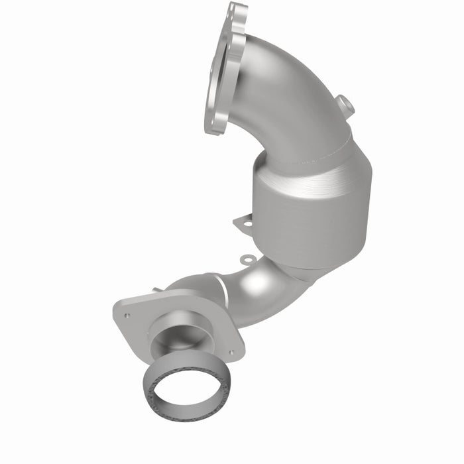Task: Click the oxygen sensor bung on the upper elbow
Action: point(343,105)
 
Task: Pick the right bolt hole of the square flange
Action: point(231,352)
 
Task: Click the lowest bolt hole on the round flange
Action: point(213,125)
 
